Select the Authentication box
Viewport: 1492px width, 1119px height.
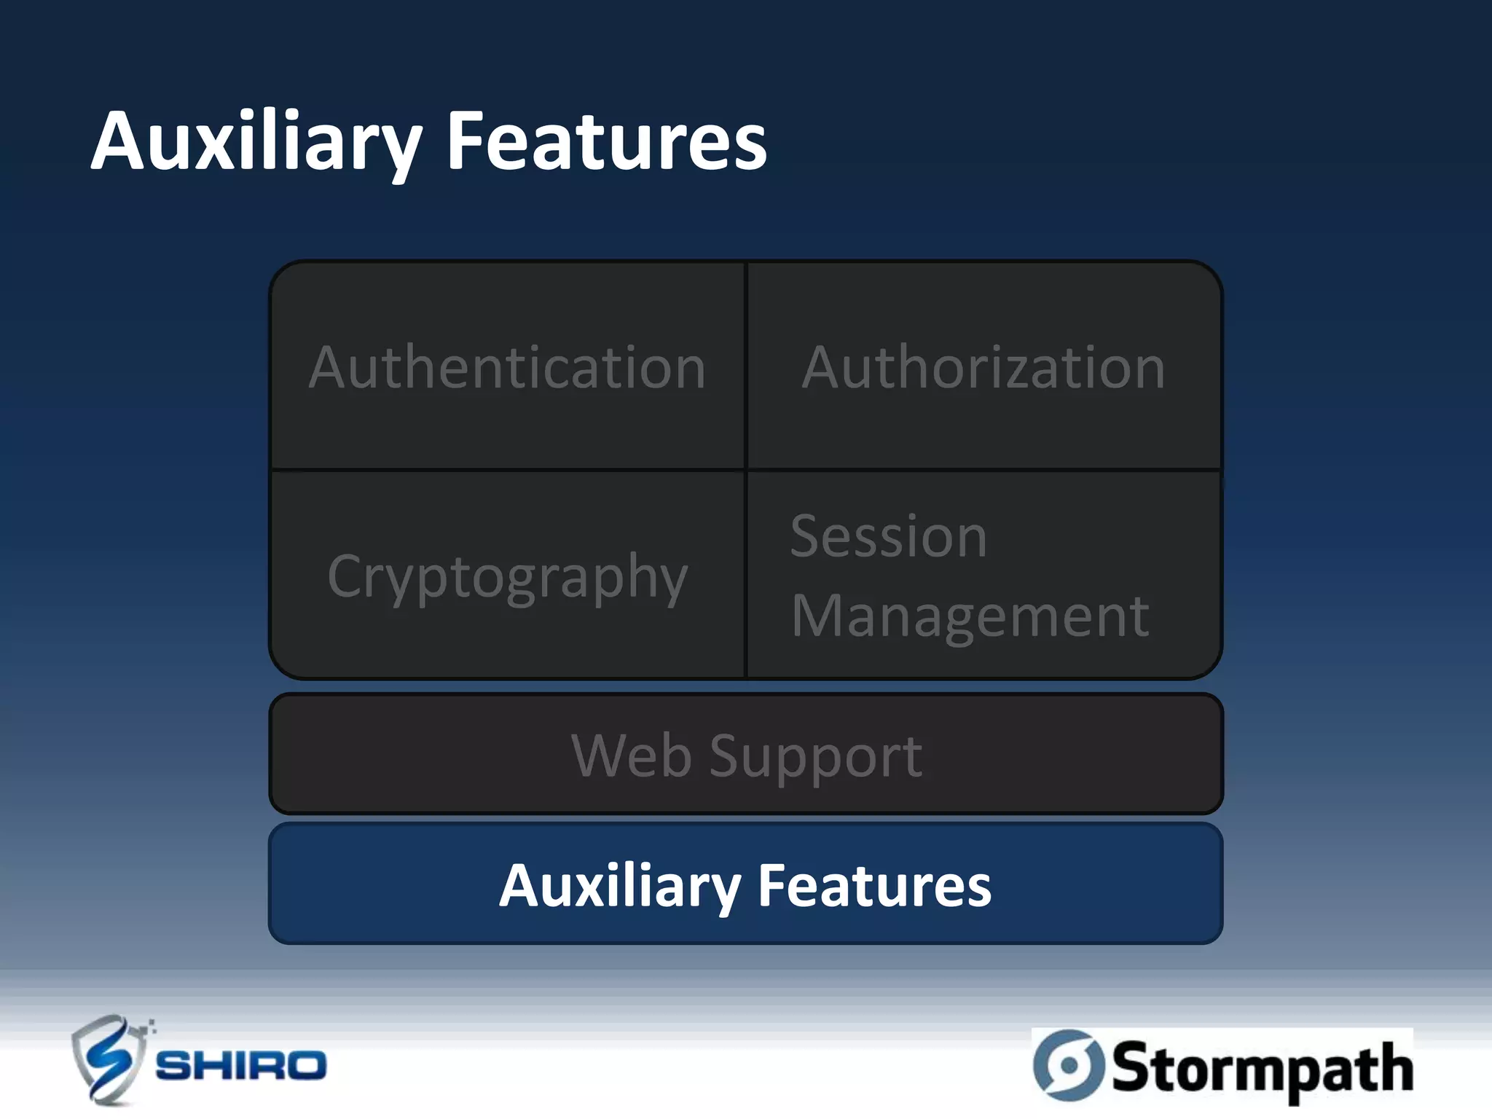coord(507,366)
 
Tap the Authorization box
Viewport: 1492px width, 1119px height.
coord(983,366)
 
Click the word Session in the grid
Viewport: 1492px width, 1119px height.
coord(889,537)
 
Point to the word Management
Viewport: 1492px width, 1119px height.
coord(970,616)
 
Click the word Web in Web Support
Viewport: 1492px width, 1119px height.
coord(631,755)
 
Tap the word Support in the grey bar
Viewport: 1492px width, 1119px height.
coord(816,758)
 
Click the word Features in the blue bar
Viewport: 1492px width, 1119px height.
coord(874,886)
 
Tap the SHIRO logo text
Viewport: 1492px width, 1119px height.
coord(241,1066)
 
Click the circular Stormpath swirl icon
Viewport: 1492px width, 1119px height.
coord(1068,1065)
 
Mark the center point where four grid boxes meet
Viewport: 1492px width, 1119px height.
coord(746,470)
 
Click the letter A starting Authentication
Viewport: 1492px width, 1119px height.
coord(332,367)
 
